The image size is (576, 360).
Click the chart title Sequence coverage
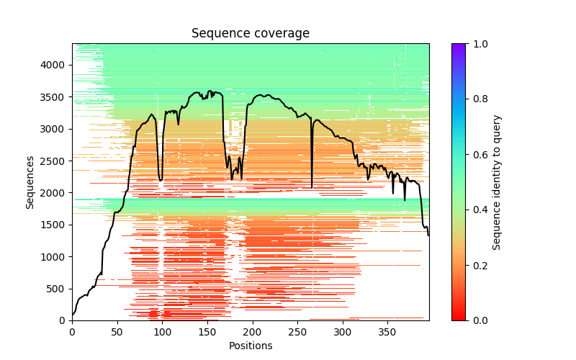(250, 34)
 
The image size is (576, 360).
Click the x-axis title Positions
(250, 346)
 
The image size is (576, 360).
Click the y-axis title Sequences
(30, 181)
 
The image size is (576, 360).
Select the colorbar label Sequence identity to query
(497, 181)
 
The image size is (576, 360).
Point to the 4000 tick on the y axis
(55, 65)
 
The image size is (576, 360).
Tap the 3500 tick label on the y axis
(55, 97)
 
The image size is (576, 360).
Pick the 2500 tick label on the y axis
(55, 161)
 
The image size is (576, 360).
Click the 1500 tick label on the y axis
(55, 225)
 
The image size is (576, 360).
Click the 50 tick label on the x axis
(117, 332)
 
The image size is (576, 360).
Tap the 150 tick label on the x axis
(207, 332)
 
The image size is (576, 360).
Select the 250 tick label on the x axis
(297, 332)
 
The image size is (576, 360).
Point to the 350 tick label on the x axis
(387, 332)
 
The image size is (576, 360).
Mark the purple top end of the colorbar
(459, 46)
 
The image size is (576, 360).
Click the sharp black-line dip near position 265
(312, 186)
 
